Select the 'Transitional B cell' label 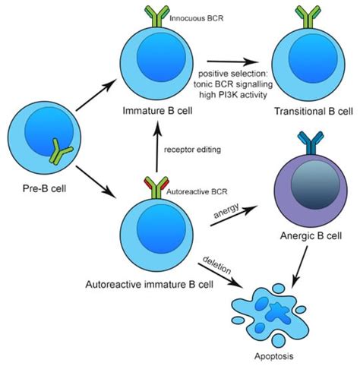[309, 112]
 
